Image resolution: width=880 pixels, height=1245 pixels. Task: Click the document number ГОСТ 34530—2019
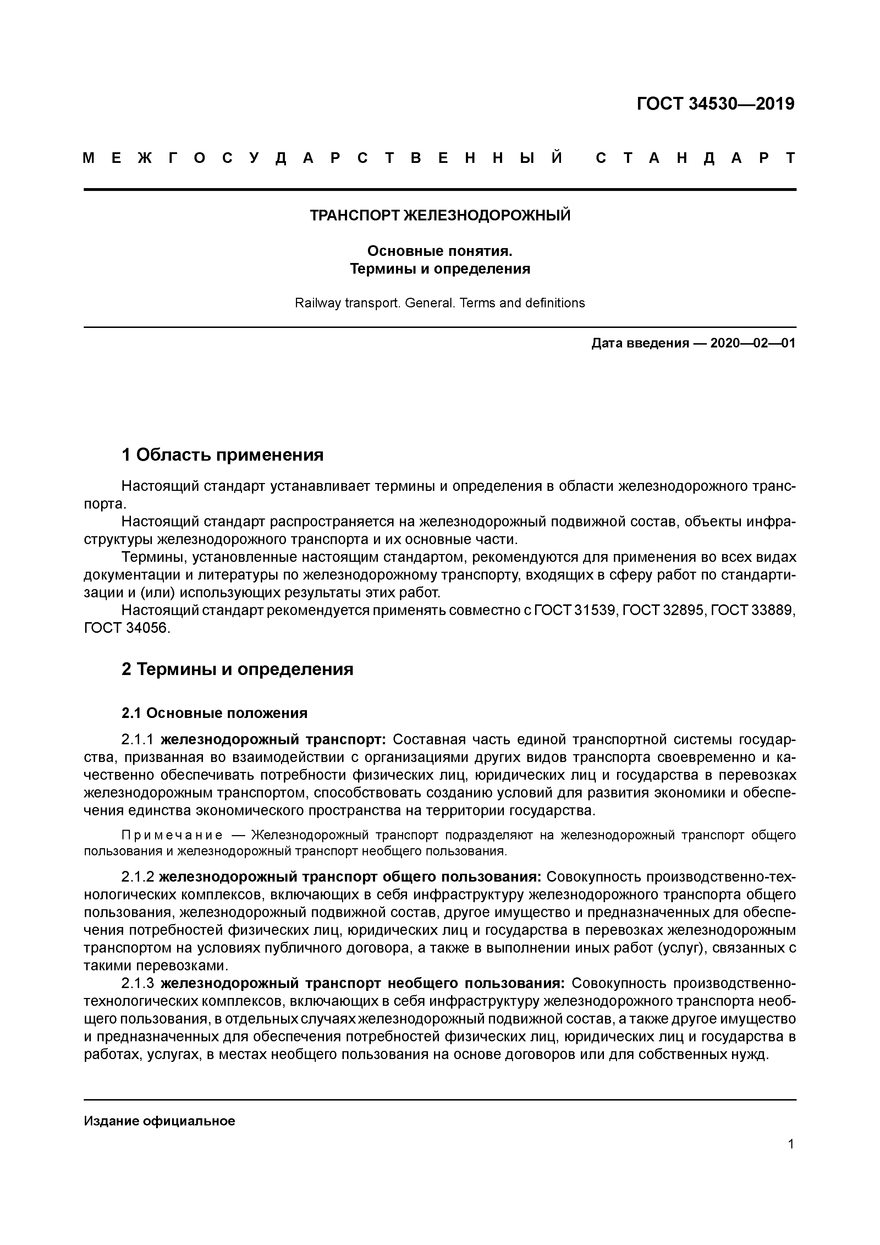click(x=715, y=104)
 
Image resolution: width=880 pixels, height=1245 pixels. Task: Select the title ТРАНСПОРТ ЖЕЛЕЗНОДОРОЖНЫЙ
click(x=440, y=216)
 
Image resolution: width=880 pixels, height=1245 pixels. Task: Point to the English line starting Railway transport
click(x=440, y=303)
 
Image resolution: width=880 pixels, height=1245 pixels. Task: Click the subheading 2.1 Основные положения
click(x=214, y=713)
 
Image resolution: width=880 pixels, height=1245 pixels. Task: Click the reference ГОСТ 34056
click(x=127, y=629)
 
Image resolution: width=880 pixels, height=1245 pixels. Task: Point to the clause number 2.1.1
click(x=138, y=740)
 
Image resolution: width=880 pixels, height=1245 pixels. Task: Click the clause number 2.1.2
click(x=138, y=877)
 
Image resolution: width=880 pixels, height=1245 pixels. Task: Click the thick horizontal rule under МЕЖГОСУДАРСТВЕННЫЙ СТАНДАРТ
click(x=440, y=189)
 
